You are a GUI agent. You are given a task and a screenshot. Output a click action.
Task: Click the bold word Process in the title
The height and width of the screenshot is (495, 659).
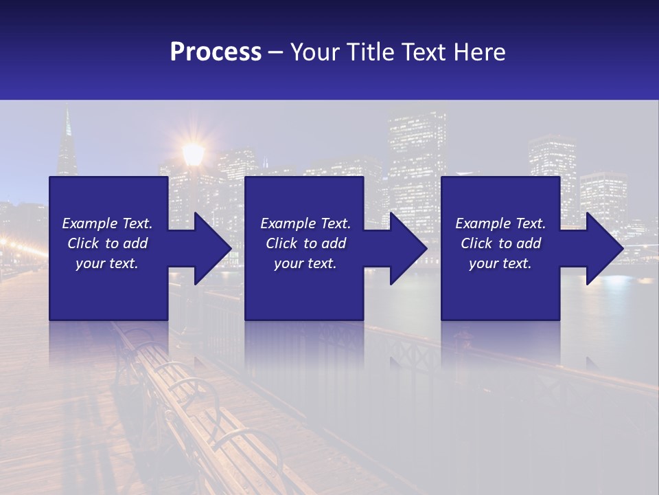pos(216,52)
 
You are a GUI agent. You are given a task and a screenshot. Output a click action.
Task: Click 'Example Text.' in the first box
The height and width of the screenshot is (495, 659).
pos(107,223)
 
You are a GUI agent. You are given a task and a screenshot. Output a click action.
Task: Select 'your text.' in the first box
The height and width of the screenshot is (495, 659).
pos(107,263)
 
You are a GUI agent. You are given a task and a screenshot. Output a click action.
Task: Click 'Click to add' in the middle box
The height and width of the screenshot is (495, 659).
pos(305,243)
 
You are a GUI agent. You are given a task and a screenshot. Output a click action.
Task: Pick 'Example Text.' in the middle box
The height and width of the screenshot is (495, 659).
pos(305,223)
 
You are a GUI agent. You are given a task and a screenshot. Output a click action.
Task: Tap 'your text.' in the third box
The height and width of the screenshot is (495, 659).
pos(500,263)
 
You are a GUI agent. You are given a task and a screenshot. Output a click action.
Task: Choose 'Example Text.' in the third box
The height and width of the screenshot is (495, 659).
pos(500,223)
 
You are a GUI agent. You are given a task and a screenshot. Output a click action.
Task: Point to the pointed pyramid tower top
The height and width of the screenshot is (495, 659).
pos(67,124)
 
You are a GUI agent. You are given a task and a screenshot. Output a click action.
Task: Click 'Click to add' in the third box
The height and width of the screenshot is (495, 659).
pos(500,243)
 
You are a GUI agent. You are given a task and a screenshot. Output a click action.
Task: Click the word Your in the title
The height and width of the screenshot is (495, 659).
pos(316,52)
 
